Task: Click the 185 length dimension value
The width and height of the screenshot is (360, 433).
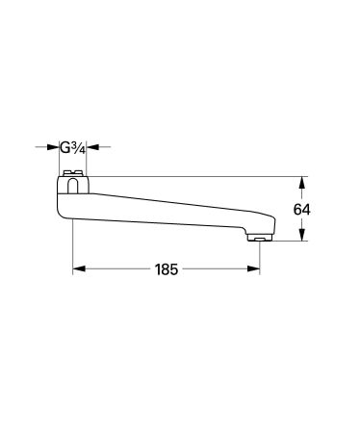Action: pyautogui.click(x=167, y=270)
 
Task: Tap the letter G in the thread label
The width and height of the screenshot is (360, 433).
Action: pyautogui.click(x=65, y=147)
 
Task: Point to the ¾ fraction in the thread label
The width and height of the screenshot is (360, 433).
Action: pyautogui.click(x=79, y=147)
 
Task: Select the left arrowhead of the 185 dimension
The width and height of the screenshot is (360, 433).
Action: pyautogui.click(x=79, y=270)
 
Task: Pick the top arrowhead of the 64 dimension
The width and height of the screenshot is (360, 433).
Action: pyautogui.click(x=304, y=181)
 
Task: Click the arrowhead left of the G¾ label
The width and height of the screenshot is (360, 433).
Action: pyautogui.click(x=54, y=147)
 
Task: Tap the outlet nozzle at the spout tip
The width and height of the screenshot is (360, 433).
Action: pyautogui.click(x=259, y=237)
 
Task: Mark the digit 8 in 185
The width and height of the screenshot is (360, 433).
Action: pyautogui.click(x=167, y=270)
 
